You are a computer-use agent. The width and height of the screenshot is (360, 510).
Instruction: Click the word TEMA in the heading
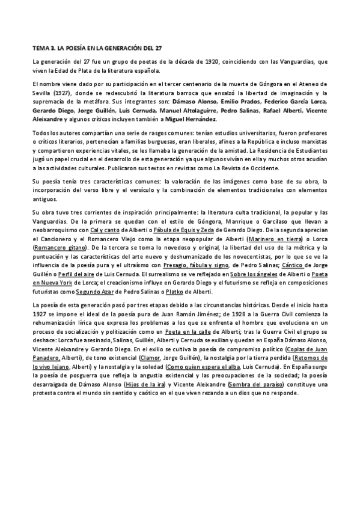pos(40,46)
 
